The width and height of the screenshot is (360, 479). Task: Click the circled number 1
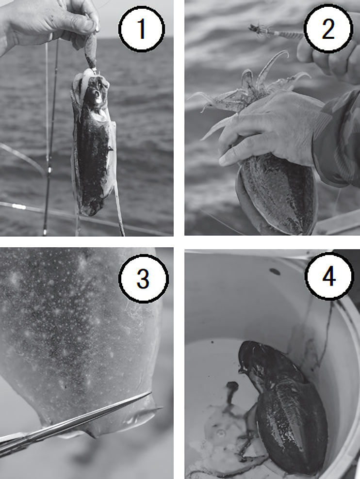tap(142, 29)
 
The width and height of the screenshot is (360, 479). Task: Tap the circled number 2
tap(328, 29)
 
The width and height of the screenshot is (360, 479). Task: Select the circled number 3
tap(143, 278)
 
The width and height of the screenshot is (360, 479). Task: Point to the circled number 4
tap(329, 276)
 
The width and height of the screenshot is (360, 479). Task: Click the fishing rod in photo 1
tap(50, 138)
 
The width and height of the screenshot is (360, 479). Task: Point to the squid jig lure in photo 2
tap(275, 32)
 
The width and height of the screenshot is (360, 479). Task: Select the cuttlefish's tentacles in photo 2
tap(245, 92)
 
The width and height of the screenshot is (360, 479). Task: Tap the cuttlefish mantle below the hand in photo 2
tap(277, 195)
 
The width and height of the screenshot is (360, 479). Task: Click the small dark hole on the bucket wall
tap(275, 271)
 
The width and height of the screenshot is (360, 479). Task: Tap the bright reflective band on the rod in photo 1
tap(19, 207)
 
